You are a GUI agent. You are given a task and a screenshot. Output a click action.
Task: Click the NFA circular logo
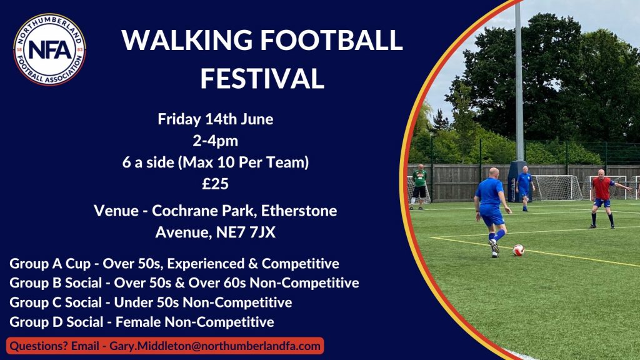49,49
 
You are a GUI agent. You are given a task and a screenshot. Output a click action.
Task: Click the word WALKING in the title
187,40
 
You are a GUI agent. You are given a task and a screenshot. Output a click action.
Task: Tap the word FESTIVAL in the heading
262,78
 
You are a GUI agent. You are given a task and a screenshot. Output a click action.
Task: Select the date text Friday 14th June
216,119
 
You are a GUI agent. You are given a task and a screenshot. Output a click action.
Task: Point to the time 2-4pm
216,141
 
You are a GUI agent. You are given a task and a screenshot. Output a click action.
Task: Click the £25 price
216,184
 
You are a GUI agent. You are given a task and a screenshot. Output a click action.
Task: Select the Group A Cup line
174,264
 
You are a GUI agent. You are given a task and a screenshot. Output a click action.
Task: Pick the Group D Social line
142,322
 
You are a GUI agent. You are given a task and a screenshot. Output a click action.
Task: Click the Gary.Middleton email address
215,346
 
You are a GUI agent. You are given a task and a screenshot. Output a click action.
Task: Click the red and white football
518,250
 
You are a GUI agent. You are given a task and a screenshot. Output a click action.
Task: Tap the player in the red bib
603,198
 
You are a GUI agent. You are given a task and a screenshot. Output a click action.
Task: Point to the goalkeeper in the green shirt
419,186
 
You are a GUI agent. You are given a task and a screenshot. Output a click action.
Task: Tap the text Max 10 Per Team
243,162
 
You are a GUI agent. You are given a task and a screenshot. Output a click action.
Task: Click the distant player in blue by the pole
524,188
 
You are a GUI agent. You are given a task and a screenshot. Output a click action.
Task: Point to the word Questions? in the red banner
39,346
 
